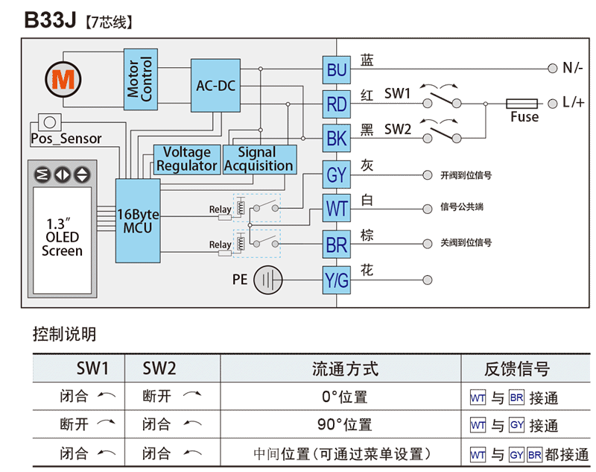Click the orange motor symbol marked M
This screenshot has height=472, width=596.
(x=62, y=78)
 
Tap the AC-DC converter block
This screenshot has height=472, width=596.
(x=215, y=86)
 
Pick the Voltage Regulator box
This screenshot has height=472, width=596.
(x=187, y=159)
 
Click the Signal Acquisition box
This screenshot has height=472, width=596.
(x=259, y=159)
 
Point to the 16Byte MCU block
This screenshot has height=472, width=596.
(x=138, y=221)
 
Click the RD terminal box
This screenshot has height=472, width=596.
(x=337, y=104)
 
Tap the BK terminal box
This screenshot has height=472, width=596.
(x=337, y=138)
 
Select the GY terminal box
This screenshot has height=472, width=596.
(x=337, y=175)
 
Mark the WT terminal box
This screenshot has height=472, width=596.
(x=337, y=208)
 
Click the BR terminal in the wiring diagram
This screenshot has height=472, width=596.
(x=337, y=244)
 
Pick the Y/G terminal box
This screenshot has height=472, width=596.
(x=337, y=280)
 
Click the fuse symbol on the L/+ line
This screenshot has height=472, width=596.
(x=524, y=104)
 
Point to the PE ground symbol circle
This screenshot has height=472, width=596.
(x=268, y=281)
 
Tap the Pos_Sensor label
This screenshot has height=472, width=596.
(x=66, y=139)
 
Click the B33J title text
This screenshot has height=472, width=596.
(x=51, y=20)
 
